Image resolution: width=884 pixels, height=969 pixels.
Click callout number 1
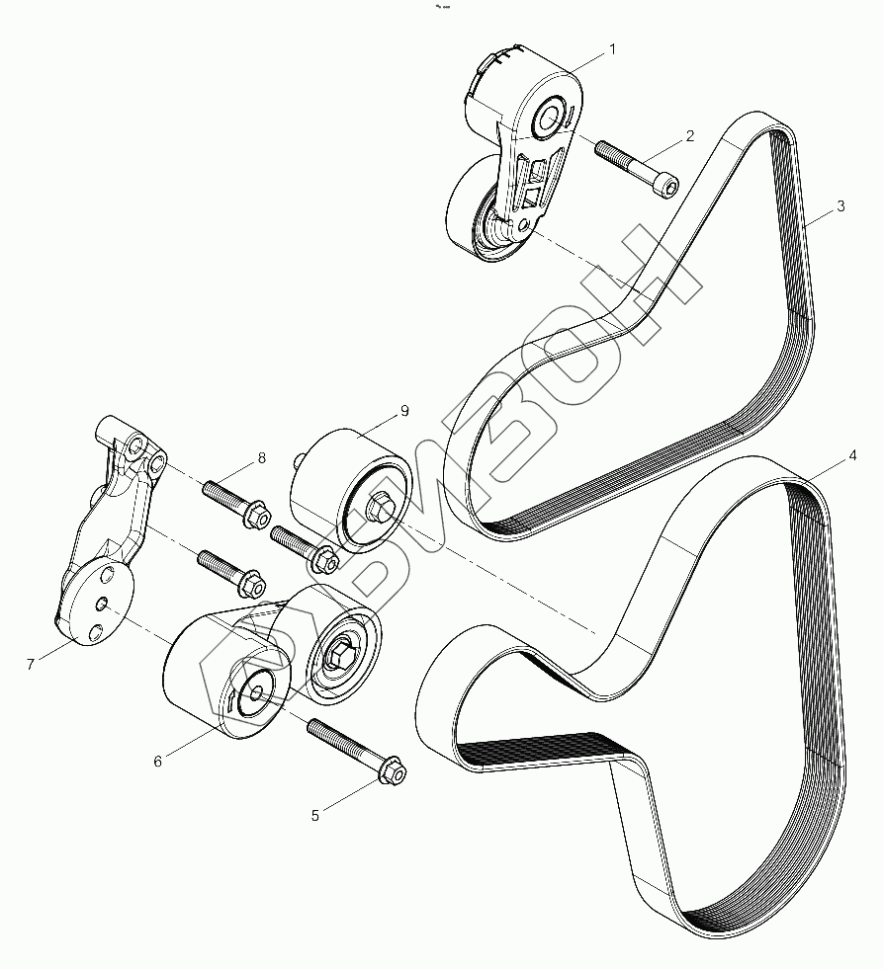[x=612, y=47]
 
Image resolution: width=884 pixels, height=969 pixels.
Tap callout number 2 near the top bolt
[x=689, y=134]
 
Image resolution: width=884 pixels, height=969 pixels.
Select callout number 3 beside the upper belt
[x=840, y=206]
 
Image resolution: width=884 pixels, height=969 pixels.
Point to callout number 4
[x=851, y=457]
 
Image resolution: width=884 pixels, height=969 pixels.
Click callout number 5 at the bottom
[x=315, y=815]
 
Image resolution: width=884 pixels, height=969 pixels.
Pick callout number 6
[x=156, y=761]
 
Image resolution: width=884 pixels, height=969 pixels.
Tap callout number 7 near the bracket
[x=31, y=665]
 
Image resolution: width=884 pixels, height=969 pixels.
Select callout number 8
[x=262, y=457]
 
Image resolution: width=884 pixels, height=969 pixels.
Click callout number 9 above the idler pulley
[x=404, y=410]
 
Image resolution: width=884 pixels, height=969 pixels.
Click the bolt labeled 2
[x=638, y=166]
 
